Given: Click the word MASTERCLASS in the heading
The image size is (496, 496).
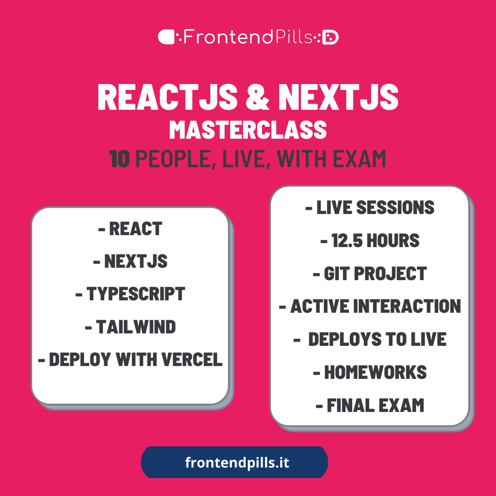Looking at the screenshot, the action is pos(248,130).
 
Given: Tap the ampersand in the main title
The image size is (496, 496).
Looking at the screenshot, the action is pos(258,97).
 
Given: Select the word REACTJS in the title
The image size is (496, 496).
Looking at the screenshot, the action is pos(168,97).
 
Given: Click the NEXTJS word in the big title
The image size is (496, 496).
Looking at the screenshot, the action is pos(338,97).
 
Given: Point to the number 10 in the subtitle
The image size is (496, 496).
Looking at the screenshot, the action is pos(119,159).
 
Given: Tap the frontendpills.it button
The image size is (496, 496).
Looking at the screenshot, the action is pos(234,462).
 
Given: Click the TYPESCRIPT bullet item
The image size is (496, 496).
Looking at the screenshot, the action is pos(130,294).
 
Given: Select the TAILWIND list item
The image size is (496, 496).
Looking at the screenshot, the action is pos(130,327).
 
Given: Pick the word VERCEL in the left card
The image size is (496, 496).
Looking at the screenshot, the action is pos(192,359).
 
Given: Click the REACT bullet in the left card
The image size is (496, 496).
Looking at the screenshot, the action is pos(130,228).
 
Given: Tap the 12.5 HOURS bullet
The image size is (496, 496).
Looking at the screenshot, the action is pos(370,240).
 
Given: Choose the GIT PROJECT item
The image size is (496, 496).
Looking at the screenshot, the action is pos(370,273).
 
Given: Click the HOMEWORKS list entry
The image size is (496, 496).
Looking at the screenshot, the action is pos(370,372).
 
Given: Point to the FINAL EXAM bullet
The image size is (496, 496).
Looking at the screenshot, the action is pos(370,405).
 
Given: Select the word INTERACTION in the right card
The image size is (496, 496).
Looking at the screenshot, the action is pos(407,306).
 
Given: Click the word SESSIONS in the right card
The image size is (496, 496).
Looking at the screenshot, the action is pos(395,208).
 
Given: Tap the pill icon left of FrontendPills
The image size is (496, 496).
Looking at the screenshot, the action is pos(166,37).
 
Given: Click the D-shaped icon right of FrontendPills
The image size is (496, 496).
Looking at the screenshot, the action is pos(330,37).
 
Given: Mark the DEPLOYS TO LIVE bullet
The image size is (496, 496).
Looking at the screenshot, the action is pos(370,339).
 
